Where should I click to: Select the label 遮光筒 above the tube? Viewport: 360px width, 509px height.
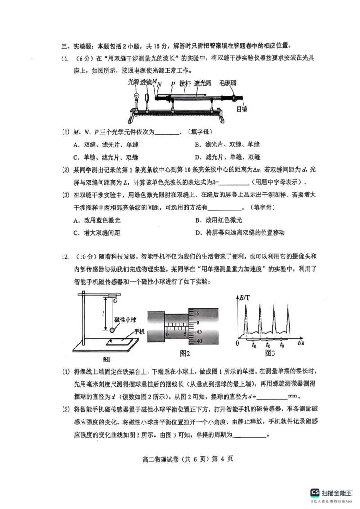203,83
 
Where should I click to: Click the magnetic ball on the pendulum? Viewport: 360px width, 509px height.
112,330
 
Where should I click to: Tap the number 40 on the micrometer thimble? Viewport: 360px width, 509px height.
199,341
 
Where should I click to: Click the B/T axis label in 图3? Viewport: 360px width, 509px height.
246,298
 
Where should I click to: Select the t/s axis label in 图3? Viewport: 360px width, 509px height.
301,343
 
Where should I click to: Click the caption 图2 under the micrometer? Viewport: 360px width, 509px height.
184,353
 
